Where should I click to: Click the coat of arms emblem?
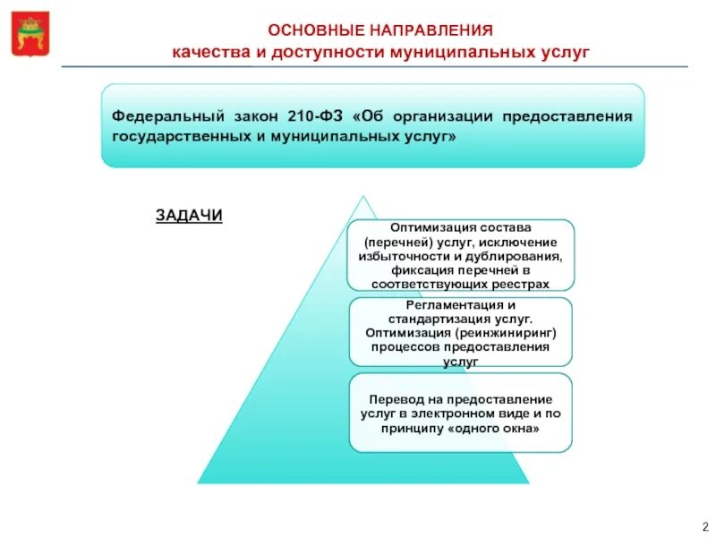tap(31, 33)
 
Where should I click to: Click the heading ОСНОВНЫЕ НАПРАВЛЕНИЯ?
tap(380, 30)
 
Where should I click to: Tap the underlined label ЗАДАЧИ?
tap(189, 216)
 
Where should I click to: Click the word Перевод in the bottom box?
tap(395, 400)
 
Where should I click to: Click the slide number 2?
tap(704, 525)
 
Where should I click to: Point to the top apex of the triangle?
tap(362, 196)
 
